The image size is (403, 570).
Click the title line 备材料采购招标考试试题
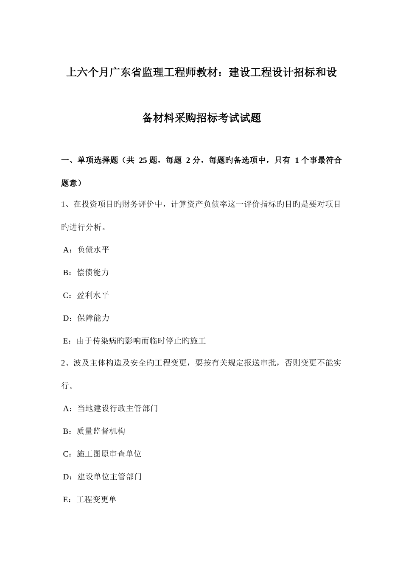click(201, 118)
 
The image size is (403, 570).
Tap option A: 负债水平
click(86, 250)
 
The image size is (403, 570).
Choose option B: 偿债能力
click(86, 273)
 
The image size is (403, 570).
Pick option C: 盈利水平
click(86, 295)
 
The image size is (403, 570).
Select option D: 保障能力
click(86, 318)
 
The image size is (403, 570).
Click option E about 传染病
click(134, 341)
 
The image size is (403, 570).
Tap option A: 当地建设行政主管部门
click(110, 408)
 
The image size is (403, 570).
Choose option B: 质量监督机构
click(94, 431)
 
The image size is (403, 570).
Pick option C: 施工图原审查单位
click(102, 454)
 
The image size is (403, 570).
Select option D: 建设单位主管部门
click(102, 477)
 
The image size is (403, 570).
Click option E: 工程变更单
click(90, 500)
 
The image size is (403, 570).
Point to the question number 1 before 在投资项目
click(64, 204)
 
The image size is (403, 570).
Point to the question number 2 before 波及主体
click(64, 363)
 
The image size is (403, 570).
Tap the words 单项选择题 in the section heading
click(98, 160)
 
